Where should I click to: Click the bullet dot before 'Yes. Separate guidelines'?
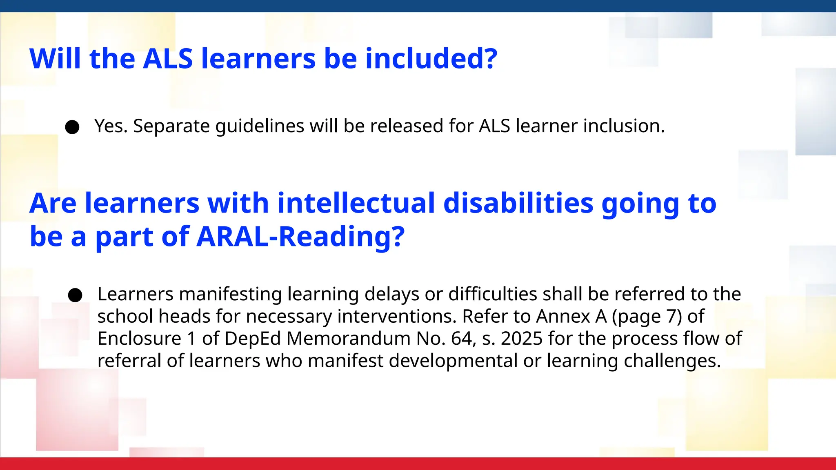[x=72, y=127]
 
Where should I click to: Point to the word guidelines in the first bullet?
[x=260, y=126]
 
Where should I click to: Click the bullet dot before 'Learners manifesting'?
[x=75, y=295]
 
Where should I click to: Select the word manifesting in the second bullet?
[x=230, y=294]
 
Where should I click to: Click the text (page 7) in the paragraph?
[x=647, y=317]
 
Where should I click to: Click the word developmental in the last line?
[x=453, y=361]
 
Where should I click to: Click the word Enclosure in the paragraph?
[x=139, y=339]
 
